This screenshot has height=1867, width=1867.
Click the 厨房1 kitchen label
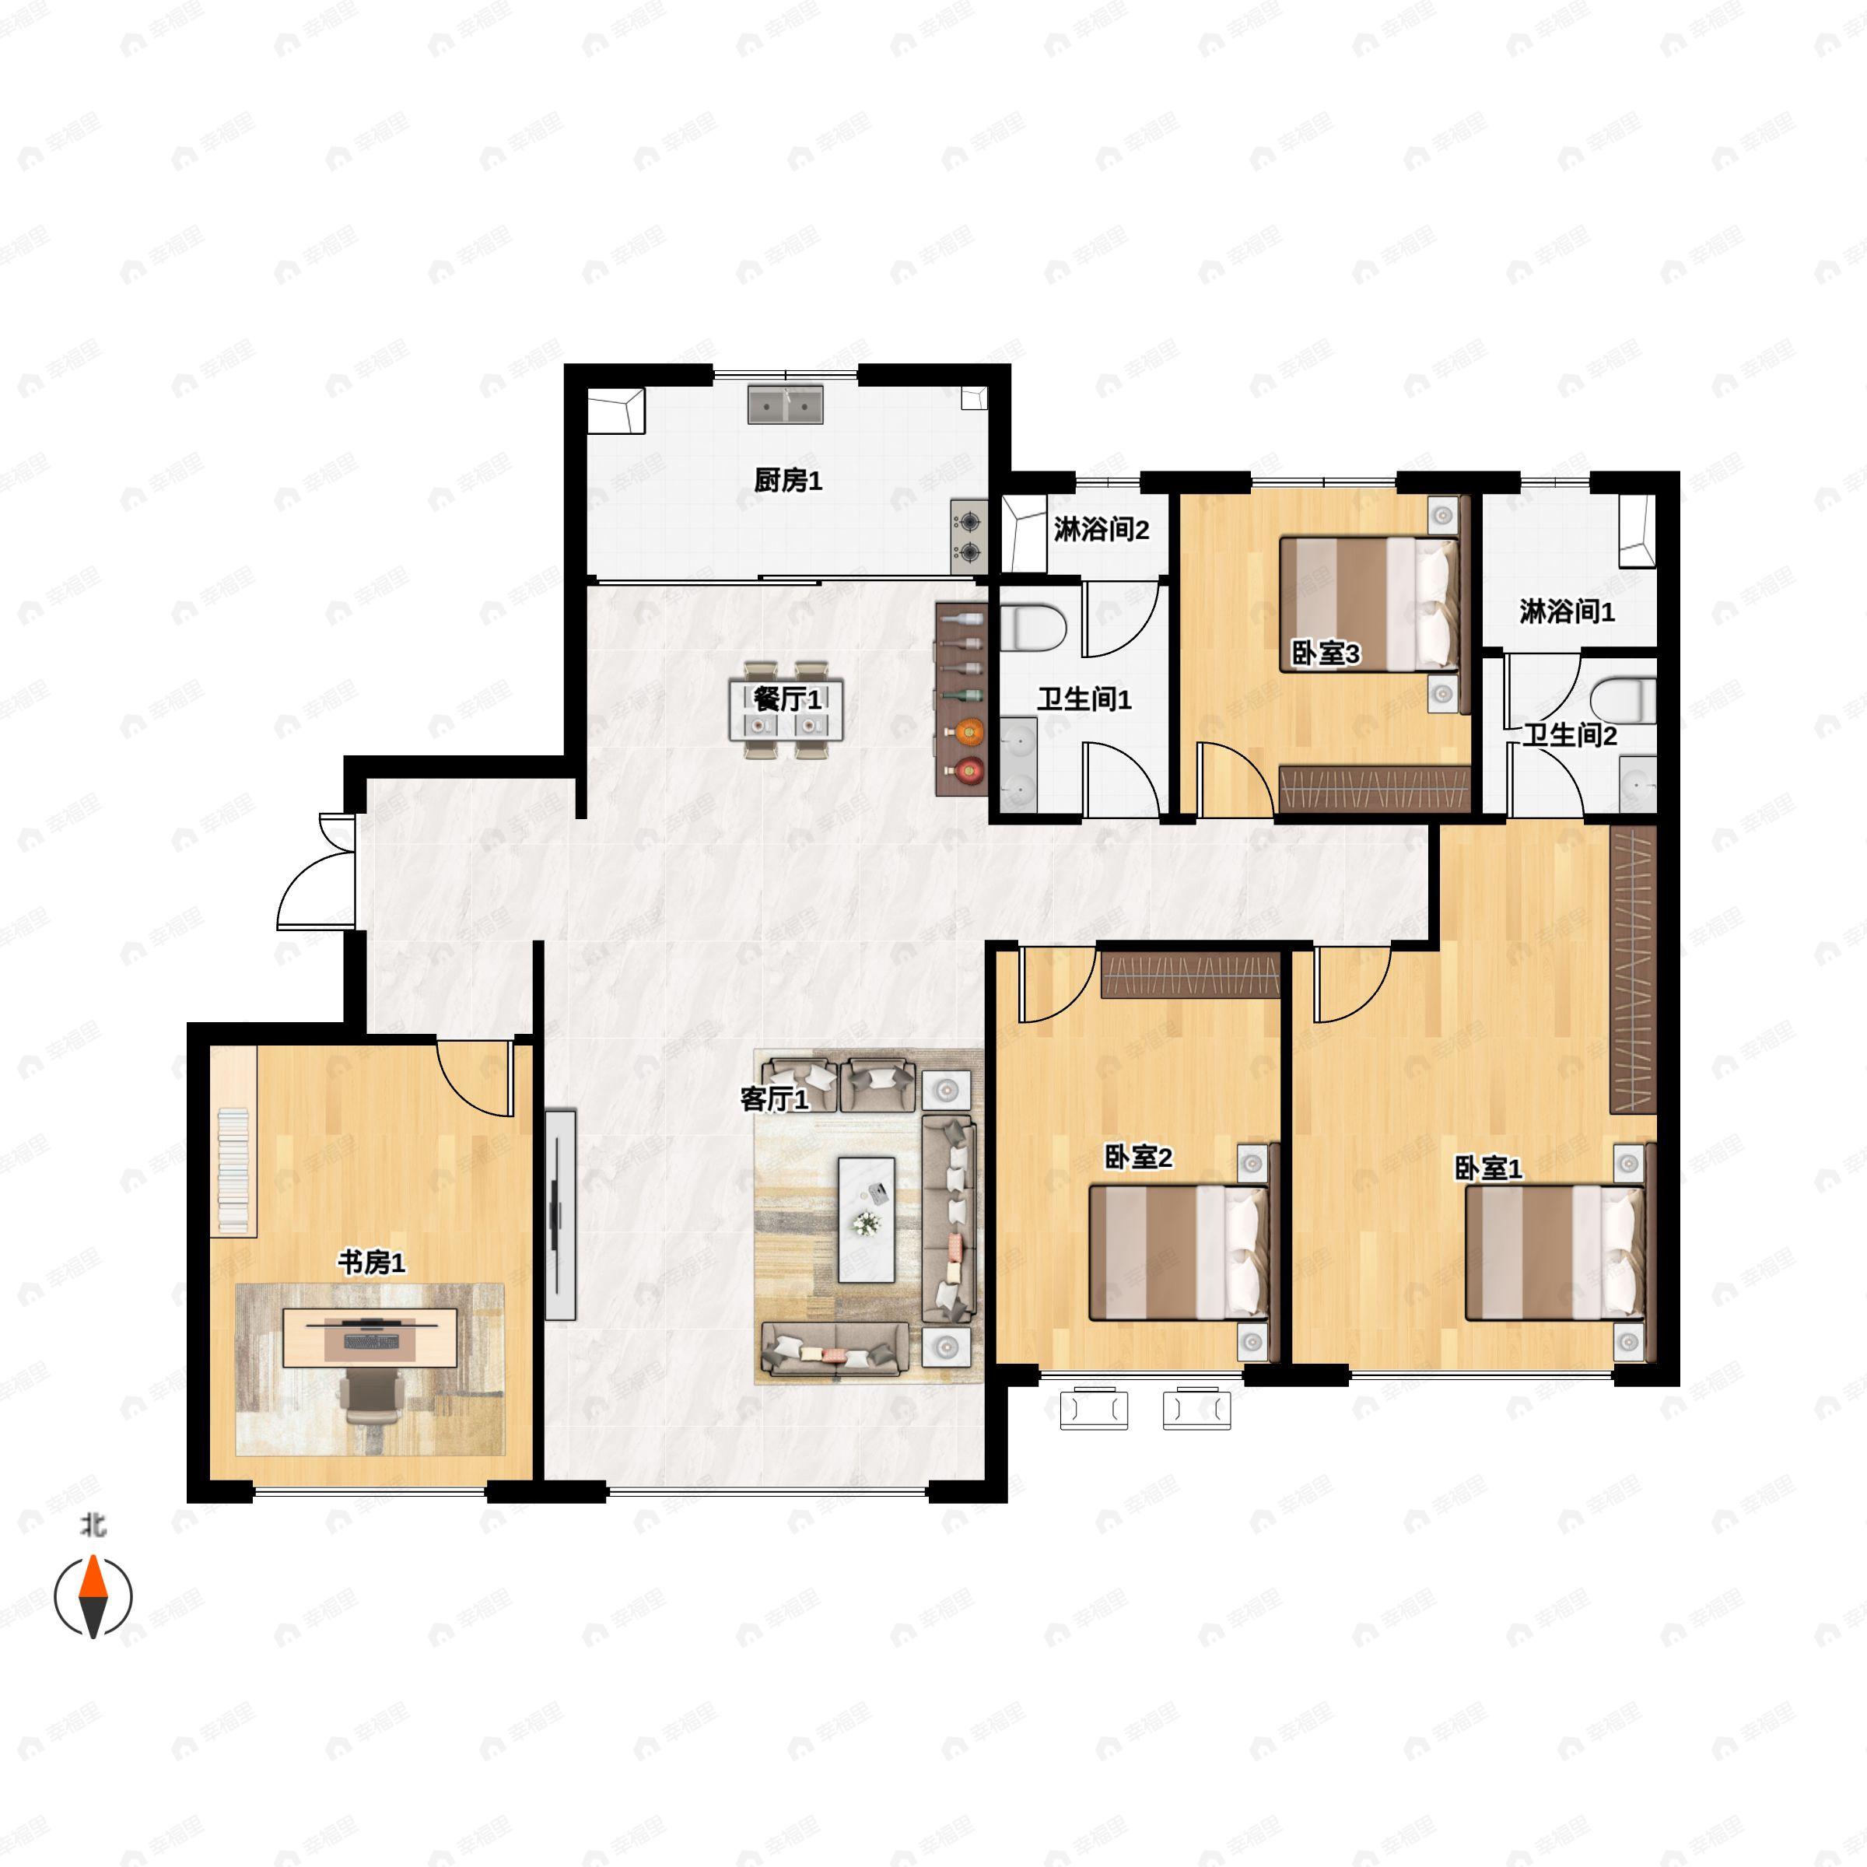click(787, 480)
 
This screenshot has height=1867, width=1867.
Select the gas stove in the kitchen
click(969, 538)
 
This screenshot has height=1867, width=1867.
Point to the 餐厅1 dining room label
click(787, 699)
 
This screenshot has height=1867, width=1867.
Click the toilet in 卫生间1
click(1032, 627)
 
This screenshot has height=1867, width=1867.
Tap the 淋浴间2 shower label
click(1101, 530)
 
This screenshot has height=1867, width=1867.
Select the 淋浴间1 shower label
click(1567, 611)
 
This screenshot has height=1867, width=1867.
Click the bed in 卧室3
click(1369, 604)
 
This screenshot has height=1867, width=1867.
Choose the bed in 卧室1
click(1555, 1252)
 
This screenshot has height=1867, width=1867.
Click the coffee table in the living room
click(866, 1221)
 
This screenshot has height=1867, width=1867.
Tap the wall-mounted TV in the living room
click(559, 1214)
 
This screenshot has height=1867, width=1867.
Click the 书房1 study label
click(371, 1262)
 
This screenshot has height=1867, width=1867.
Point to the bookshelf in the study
click(233, 1141)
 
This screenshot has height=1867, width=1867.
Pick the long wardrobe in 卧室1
click(1633, 969)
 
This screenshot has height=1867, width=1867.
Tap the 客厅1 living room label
click(774, 1098)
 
